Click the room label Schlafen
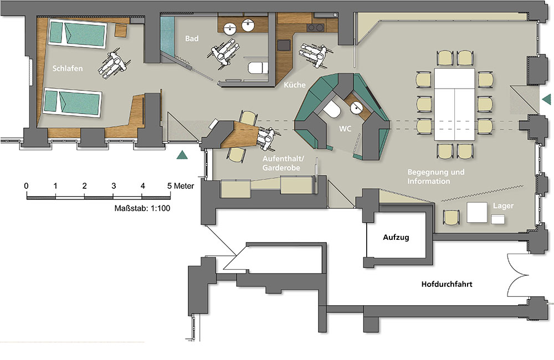click(68, 69)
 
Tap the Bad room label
click(192, 38)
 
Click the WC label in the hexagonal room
click(345, 128)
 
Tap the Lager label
click(503, 206)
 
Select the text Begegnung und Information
click(436, 177)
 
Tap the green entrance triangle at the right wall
click(546, 99)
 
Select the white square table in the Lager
click(477, 213)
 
